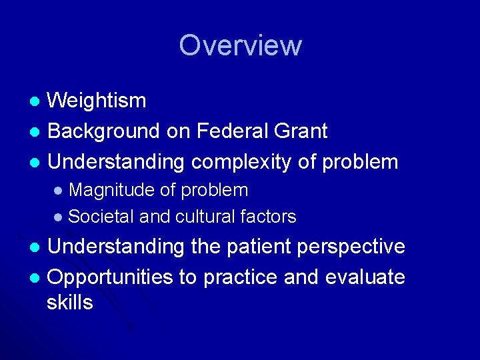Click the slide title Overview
(x=240, y=45)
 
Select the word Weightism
(x=97, y=101)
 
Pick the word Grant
(x=301, y=131)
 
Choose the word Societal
(x=101, y=217)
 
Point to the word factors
(x=270, y=217)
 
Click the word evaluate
(x=365, y=277)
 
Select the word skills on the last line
(x=70, y=303)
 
